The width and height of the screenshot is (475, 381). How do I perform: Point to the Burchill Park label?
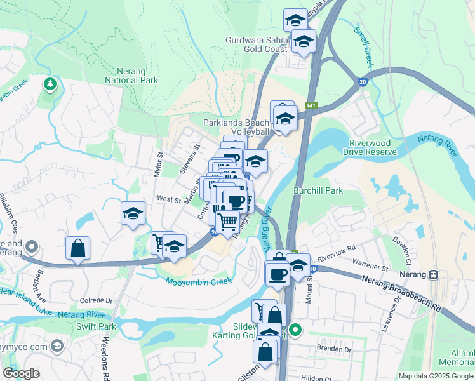318,190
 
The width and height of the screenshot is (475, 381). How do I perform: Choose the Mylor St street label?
159,164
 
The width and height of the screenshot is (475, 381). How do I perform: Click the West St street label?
169,199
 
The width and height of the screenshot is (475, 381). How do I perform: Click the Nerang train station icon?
434,275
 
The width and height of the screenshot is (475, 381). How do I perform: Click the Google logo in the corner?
21,373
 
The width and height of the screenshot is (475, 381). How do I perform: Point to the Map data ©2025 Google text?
436,376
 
